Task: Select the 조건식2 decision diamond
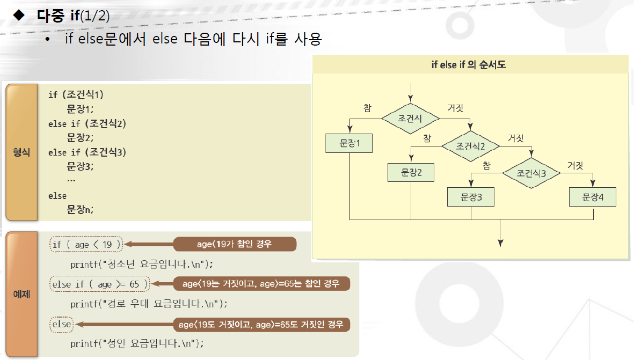coord(470,145)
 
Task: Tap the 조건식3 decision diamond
coord(531,173)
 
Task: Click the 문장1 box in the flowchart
coord(349,143)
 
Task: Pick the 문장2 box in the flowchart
coord(411,172)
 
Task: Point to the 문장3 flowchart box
coord(471,197)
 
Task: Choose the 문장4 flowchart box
coord(593,197)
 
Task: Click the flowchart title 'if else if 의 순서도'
coord(469,65)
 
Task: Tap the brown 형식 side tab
coord(21,152)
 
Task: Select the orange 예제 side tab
coord(21,294)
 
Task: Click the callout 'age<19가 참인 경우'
coord(234,244)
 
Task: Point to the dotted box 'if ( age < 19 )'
coord(86,245)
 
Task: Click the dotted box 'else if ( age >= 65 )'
coord(99,284)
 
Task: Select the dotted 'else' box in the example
coord(61,324)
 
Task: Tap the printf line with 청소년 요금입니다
coord(142,264)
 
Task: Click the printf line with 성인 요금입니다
coord(137,343)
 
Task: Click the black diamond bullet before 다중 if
coord(19,15)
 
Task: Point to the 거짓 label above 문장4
coord(574,165)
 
